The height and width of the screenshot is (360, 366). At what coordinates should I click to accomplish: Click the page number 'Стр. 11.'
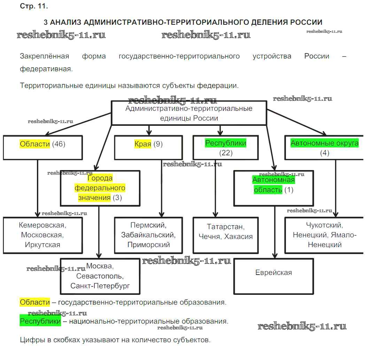(34, 6)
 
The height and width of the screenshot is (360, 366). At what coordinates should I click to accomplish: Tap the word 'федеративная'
(46, 69)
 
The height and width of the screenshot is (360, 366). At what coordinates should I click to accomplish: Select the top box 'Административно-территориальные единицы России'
(189, 113)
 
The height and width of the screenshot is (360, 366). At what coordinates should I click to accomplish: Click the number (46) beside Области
(59, 144)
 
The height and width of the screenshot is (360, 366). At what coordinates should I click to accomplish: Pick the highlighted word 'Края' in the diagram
(143, 144)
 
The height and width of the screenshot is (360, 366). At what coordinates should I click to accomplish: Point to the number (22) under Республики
(226, 153)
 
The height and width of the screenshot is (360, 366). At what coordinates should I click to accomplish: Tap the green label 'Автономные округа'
(324, 143)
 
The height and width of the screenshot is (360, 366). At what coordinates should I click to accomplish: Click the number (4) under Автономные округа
(324, 153)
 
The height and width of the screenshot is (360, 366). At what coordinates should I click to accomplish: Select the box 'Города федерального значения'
(100, 188)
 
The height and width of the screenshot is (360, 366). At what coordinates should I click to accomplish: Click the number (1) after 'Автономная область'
(289, 190)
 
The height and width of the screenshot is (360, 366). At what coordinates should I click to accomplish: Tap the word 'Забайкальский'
(148, 235)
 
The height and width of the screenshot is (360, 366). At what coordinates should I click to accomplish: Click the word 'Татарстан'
(225, 227)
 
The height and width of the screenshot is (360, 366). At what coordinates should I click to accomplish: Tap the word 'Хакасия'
(239, 237)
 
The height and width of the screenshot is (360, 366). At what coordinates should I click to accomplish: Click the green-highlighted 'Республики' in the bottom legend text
(40, 321)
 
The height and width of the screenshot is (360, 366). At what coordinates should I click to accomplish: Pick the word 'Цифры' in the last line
(31, 340)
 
